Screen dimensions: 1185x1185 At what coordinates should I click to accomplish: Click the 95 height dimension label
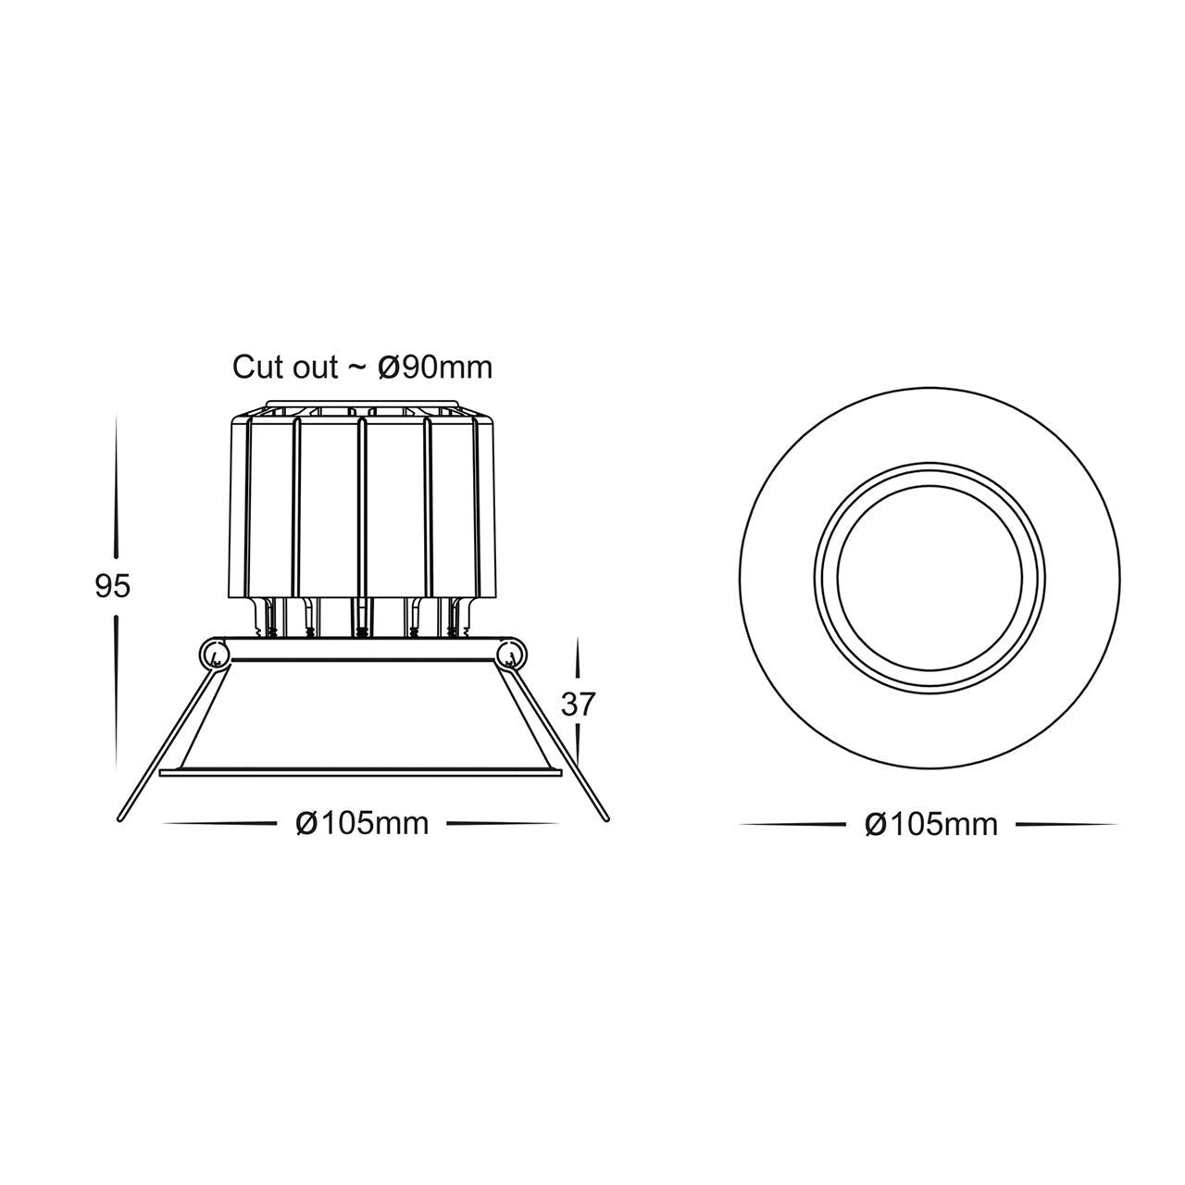[x=113, y=586]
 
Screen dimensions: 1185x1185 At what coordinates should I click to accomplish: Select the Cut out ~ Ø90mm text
[x=362, y=367]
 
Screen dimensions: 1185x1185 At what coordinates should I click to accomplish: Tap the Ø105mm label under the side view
[x=362, y=822]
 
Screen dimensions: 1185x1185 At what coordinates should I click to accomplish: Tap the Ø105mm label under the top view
[x=931, y=824]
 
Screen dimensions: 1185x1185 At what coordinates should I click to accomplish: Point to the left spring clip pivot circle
[x=214, y=656]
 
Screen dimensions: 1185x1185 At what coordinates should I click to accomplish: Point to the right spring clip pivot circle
[x=510, y=656]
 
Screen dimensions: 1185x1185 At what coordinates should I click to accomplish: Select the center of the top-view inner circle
[x=930, y=586]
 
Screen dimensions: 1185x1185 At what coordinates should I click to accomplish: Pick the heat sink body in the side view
[x=362, y=509]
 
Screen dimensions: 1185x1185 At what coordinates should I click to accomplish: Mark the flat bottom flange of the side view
[x=361, y=771]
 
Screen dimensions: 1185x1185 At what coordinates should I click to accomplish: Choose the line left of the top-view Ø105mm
[x=794, y=824]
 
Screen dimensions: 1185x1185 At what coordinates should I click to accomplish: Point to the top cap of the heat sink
[x=362, y=407]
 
